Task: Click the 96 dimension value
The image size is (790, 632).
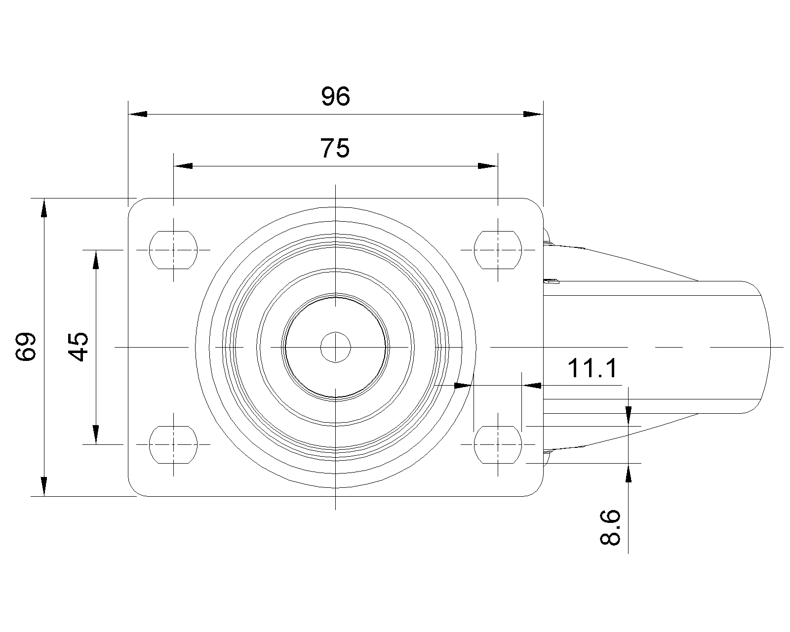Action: (x=336, y=96)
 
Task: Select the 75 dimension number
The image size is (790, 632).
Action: (x=335, y=148)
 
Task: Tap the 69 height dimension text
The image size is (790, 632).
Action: (x=26, y=347)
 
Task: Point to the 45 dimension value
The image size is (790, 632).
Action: (x=78, y=347)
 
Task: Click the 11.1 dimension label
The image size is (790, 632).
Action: (x=592, y=368)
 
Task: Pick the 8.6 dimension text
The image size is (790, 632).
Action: (x=610, y=527)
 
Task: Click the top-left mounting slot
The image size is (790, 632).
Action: (x=173, y=250)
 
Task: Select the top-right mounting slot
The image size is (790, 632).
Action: (x=498, y=250)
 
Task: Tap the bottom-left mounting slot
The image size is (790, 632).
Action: (x=173, y=445)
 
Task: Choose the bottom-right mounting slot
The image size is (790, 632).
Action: (x=498, y=445)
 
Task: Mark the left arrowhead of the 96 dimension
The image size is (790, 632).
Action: (x=138, y=114)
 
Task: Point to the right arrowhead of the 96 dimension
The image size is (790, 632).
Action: (x=533, y=114)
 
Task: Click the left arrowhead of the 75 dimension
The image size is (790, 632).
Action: (x=183, y=166)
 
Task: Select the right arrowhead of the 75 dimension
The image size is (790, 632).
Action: (x=488, y=166)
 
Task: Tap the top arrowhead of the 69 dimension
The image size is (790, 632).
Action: (x=44, y=208)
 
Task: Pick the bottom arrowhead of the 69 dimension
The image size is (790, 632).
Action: (x=44, y=486)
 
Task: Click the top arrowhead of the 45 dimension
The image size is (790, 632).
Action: (x=96, y=260)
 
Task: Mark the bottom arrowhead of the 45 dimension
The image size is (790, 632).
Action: (x=96, y=435)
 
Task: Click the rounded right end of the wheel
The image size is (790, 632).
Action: (x=770, y=347)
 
